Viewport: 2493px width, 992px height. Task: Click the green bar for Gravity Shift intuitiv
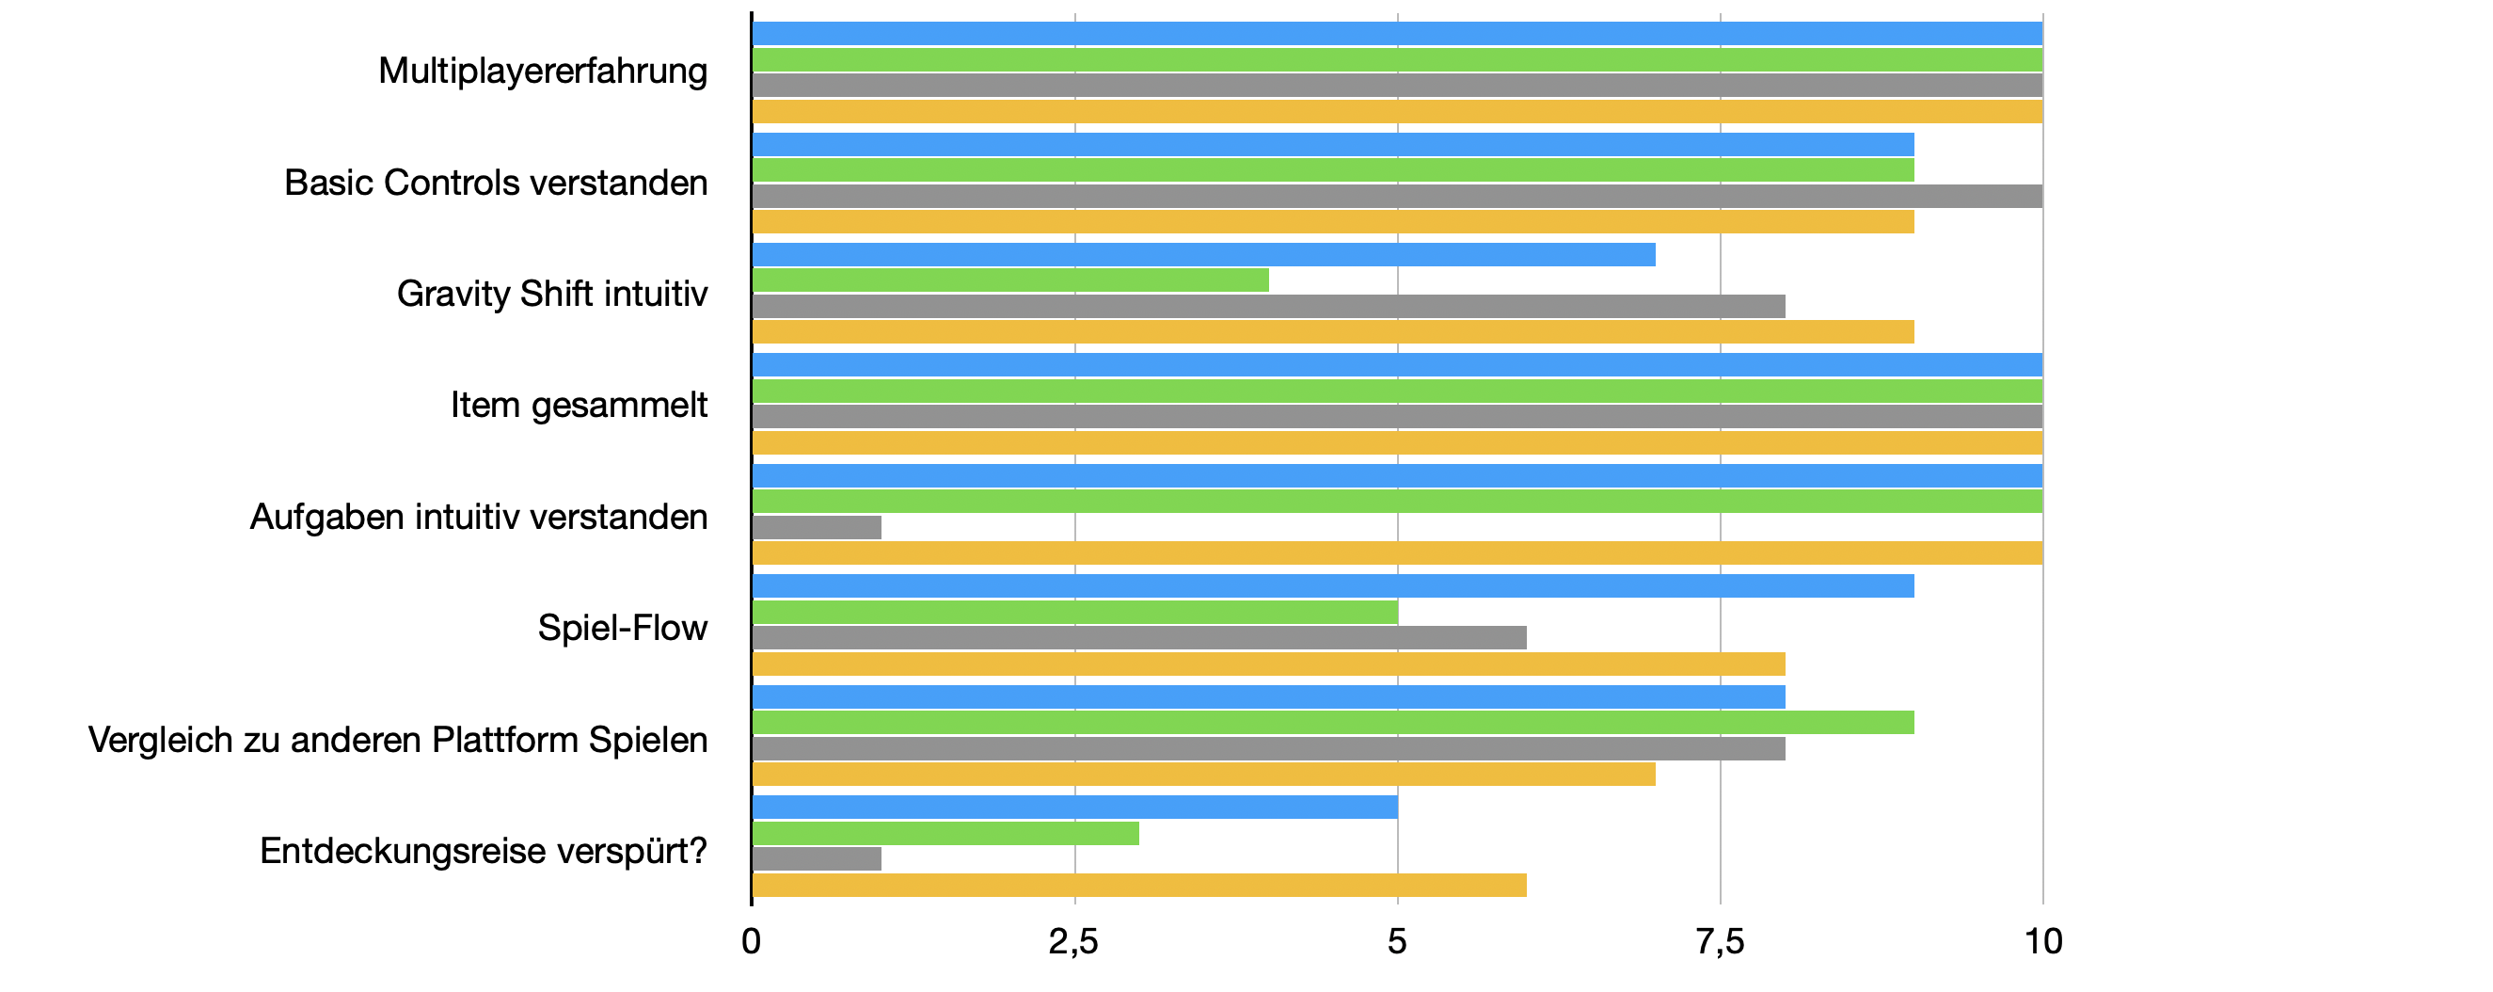coord(1009,280)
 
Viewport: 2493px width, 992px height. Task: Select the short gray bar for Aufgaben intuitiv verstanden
coord(817,527)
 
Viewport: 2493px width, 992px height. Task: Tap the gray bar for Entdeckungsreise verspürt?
coord(817,859)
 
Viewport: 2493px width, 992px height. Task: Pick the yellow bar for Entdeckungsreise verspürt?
coord(1139,886)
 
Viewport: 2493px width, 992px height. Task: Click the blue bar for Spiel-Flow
coord(1333,586)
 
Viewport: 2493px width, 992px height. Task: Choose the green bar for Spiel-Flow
coord(1074,613)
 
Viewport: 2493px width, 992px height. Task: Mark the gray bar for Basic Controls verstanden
coord(1396,197)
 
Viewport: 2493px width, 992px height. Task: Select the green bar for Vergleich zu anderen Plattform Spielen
coord(1333,723)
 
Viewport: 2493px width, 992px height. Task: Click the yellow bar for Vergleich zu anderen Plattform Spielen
coord(1203,775)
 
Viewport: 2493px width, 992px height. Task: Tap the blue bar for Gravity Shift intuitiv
coord(1203,254)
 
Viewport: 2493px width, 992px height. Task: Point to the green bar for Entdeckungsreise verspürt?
coord(945,833)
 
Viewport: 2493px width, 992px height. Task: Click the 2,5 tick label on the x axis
coord(1073,942)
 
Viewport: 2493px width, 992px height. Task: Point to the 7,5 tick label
coord(1720,942)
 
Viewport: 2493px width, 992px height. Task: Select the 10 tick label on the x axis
coord(2043,942)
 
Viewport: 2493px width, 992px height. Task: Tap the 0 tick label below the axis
coord(751,942)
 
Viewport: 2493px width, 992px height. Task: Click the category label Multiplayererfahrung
coord(543,72)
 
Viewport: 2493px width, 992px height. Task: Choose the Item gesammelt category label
coord(579,406)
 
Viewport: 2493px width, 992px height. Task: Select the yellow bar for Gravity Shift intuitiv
coord(1333,333)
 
